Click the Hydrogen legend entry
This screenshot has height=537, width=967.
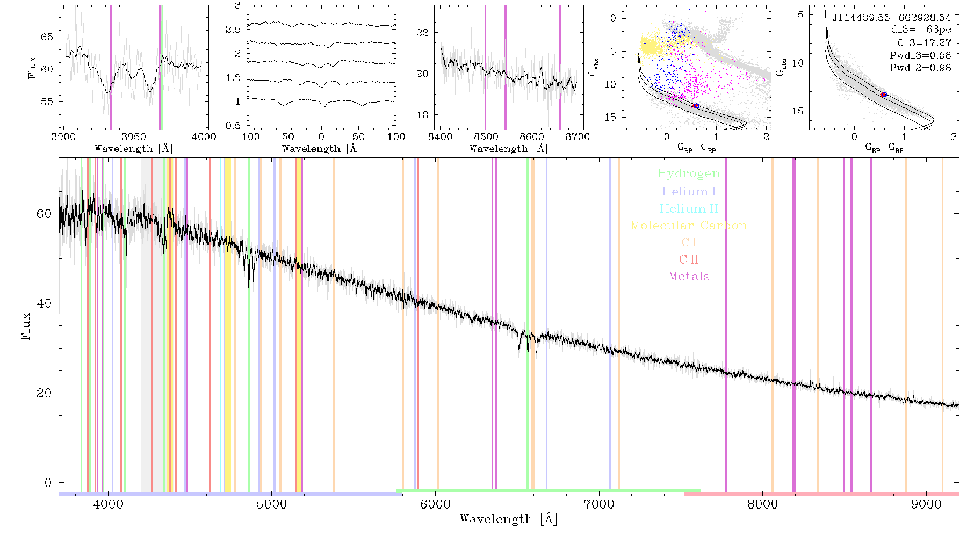point(688,173)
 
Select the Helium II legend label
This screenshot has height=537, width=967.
point(689,208)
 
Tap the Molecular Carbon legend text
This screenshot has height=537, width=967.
point(689,226)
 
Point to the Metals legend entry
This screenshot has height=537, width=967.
point(689,277)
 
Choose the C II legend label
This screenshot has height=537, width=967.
point(689,259)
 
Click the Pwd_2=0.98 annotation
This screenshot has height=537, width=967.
point(920,68)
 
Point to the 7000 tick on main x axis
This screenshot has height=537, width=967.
point(598,504)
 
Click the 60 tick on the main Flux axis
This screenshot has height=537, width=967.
point(44,214)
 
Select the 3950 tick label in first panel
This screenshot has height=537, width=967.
point(133,137)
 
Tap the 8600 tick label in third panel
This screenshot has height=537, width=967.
point(532,137)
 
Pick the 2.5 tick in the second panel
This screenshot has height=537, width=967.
point(234,30)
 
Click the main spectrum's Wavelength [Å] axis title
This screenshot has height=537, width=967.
point(509,519)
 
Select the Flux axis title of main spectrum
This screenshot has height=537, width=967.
point(25,326)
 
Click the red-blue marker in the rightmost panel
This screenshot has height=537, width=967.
point(883,95)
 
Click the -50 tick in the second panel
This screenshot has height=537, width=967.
point(284,137)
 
